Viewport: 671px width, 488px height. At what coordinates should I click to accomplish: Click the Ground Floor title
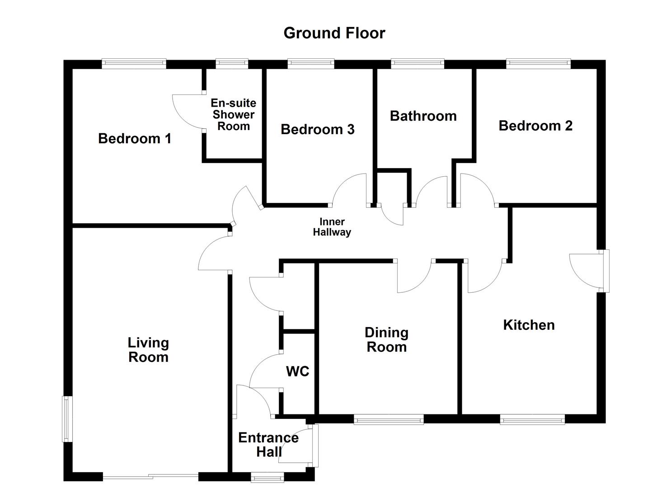[x=334, y=33]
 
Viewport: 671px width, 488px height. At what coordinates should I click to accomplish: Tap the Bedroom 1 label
[x=135, y=138]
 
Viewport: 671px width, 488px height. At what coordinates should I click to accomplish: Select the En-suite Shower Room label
[x=233, y=115]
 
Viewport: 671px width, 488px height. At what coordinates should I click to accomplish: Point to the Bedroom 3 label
[x=317, y=130]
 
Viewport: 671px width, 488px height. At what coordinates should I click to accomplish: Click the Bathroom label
[x=423, y=116]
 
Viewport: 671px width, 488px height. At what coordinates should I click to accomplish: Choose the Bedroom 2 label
[x=535, y=126]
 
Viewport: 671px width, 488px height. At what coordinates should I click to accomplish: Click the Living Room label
[x=148, y=350]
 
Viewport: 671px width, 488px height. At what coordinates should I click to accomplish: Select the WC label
[x=297, y=371]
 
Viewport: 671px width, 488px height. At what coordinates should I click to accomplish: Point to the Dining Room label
[x=386, y=340]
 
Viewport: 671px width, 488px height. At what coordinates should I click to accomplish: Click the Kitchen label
[x=529, y=325]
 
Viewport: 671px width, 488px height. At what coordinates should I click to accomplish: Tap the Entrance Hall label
[x=268, y=445]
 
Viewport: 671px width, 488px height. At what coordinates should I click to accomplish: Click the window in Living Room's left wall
[x=66, y=419]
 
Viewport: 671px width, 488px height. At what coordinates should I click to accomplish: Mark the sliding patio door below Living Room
[x=150, y=476]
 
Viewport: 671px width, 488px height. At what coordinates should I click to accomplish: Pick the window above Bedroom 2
[x=538, y=64]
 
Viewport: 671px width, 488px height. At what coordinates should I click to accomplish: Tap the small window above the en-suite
[x=232, y=64]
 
